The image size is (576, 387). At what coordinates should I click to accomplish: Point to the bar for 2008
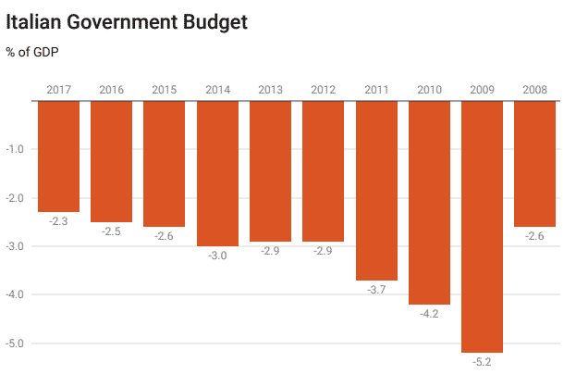click(x=534, y=163)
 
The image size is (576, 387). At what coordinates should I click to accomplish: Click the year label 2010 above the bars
click(x=429, y=90)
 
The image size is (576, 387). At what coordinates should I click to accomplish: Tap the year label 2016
click(x=111, y=90)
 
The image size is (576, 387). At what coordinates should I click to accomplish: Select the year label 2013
click(x=270, y=90)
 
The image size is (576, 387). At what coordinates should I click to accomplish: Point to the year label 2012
click(x=323, y=90)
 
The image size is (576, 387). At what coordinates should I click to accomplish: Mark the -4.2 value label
click(x=429, y=315)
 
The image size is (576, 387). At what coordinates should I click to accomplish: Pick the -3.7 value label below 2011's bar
click(x=376, y=291)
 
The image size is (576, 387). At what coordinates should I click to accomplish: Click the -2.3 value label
click(x=58, y=222)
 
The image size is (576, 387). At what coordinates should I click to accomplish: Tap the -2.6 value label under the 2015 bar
click(x=165, y=237)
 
